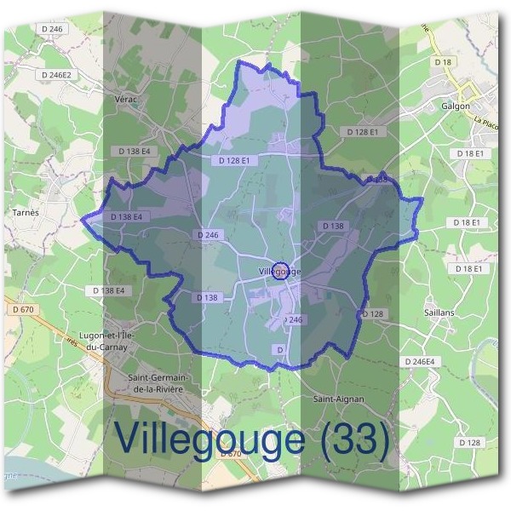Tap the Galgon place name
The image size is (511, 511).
tap(456, 106)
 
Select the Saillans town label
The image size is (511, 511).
tap(439, 313)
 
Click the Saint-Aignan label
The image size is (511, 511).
tap(338, 398)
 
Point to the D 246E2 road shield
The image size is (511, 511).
tap(57, 76)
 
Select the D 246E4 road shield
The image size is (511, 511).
tap(420, 362)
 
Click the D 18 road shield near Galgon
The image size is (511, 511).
tap(442, 62)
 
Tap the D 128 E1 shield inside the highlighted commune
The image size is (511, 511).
tap(234, 160)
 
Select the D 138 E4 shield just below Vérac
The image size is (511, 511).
tap(135, 151)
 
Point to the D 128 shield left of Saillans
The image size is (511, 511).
tap(373, 314)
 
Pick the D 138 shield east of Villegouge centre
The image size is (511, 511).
tap(333, 226)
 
